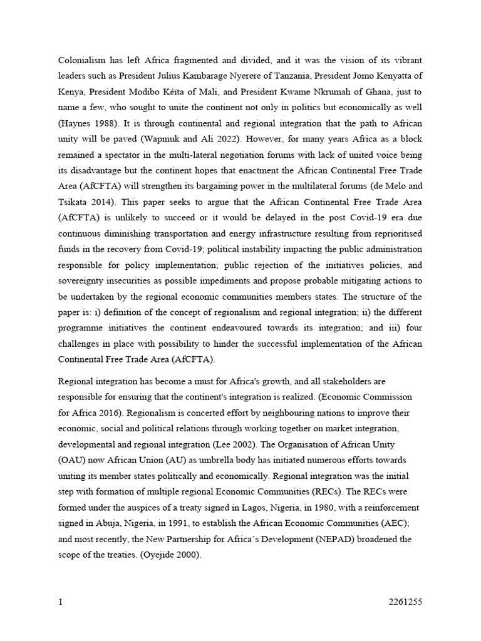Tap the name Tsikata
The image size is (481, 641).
73,202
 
